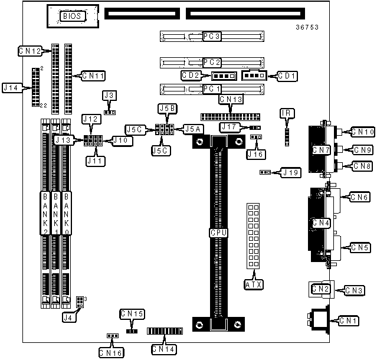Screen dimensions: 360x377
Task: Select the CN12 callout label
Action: pyautogui.click(x=29, y=51)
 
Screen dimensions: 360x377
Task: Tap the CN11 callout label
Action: pyautogui.click(x=93, y=76)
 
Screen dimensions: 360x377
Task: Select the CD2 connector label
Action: pyautogui.click(x=192, y=76)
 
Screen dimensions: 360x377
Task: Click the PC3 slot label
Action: pyautogui.click(x=211, y=37)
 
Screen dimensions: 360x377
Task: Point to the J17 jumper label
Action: pyautogui.click(x=228, y=127)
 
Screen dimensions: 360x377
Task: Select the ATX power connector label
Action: pyautogui.click(x=254, y=284)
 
